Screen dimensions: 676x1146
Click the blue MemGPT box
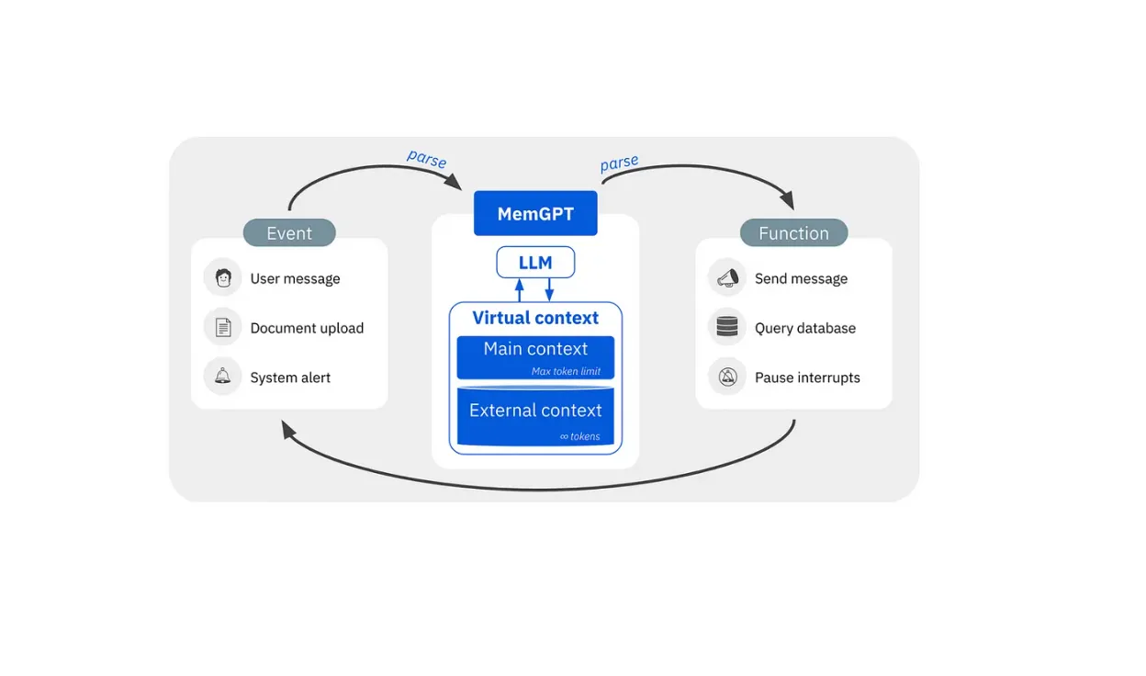point(535,213)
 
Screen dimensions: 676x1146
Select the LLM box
point(535,263)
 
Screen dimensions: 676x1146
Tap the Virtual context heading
point(535,318)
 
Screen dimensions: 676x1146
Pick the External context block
point(535,411)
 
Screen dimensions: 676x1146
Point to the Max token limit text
point(566,371)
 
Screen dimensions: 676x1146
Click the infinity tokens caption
point(579,436)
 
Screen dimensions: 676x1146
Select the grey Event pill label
point(289,233)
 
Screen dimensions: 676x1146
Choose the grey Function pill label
point(793,233)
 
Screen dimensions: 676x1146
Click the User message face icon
point(222,277)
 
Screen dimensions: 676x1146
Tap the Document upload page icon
point(222,327)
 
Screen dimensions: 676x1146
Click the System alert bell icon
point(222,377)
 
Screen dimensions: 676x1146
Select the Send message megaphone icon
point(727,277)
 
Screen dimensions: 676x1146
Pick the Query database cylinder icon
point(727,327)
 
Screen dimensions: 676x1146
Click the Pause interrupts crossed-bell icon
point(727,377)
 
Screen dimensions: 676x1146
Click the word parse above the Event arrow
point(426,159)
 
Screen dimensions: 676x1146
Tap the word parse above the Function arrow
point(619,163)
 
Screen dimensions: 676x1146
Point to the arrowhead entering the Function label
point(786,200)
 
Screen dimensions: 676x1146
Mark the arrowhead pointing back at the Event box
point(288,429)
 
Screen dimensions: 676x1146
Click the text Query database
point(804,328)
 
